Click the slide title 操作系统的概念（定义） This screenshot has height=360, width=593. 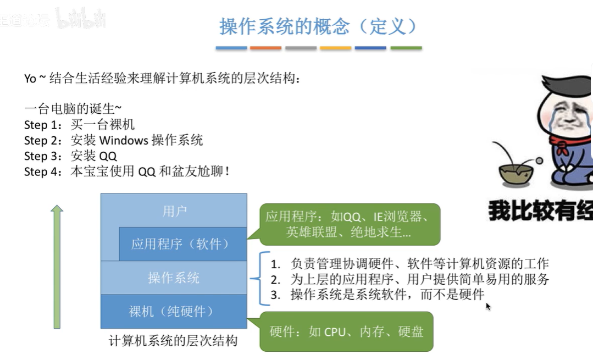(318, 26)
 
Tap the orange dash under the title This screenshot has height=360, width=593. (265, 48)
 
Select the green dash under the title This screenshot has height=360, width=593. (406, 48)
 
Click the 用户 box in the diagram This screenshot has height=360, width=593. (174, 211)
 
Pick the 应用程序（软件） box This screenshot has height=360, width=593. (182, 243)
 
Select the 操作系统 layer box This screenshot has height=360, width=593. (174, 278)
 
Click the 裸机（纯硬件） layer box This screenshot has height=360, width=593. (174, 311)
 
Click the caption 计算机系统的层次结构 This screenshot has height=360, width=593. (174, 341)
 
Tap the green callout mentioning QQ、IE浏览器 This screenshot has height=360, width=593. (349, 224)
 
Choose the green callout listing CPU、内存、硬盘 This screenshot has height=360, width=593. (346, 331)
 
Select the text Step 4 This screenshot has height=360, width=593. (43, 171)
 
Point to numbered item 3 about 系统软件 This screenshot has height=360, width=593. (379, 295)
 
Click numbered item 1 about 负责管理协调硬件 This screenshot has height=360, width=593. (409, 263)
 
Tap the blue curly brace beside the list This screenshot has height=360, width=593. (256, 279)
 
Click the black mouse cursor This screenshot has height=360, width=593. (487, 306)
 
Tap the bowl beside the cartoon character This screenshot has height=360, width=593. (515, 173)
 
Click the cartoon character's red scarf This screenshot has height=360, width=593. (562, 147)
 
